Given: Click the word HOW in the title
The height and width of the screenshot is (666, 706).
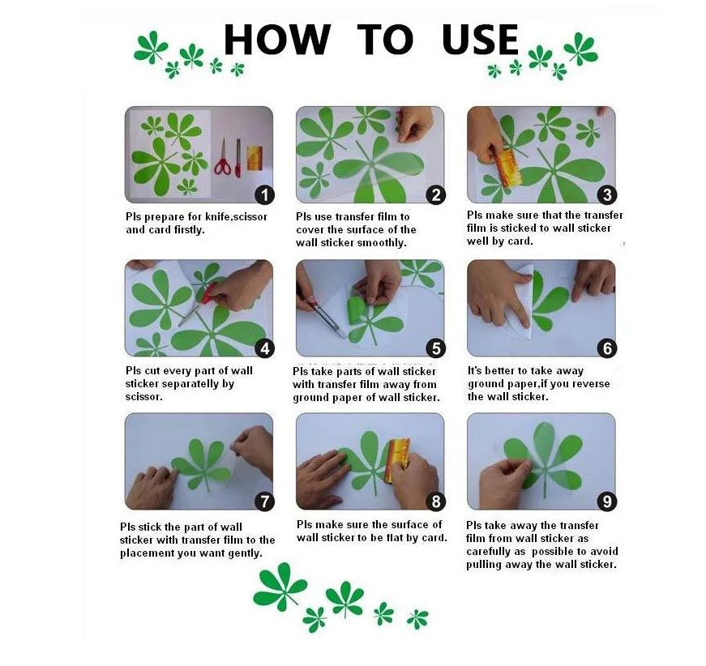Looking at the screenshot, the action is pyautogui.click(x=277, y=39).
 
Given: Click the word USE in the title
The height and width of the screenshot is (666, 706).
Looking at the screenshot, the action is pyautogui.click(x=481, y=39).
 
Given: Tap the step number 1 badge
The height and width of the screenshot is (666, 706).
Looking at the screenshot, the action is pyautogui.click(x=265, y=194).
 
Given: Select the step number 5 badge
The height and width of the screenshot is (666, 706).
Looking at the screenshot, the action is pyautogui.click(x=436, y=348).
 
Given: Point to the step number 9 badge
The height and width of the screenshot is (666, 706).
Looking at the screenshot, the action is pyautogui.click(x=607, y=502).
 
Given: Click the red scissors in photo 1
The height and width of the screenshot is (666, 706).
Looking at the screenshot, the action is pyautogui.click(x=222, y=157).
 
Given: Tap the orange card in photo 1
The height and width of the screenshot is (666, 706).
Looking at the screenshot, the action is pyautogui.click(x=255, y=159).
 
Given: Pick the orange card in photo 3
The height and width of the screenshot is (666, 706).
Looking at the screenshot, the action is pyautogui.click(x=510, y=169).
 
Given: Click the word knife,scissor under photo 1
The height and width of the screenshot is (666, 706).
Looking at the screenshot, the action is pyautogui.click(x=237, y=217).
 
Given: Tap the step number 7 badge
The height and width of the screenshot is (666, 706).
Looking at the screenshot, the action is pyautogui.click(x=265, y=502).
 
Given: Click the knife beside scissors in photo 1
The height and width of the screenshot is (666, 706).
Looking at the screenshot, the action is pyautogui.click(x=238, y=158).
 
